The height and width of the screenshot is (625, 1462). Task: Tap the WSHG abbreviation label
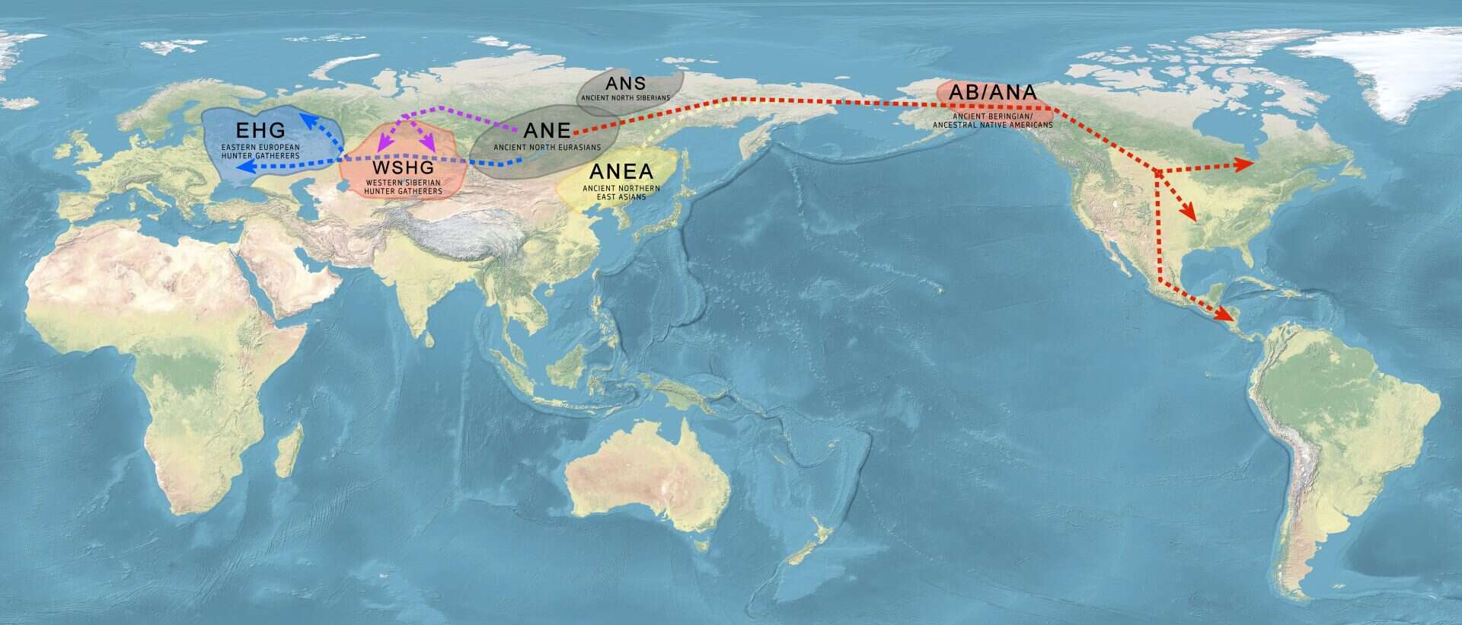pos(402,167)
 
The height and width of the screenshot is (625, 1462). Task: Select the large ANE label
pos(547,130)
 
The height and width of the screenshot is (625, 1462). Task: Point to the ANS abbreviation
pos(625,83)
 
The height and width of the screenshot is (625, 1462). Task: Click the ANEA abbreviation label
pos(621,172)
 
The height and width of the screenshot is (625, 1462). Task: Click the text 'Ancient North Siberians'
pos(625,98)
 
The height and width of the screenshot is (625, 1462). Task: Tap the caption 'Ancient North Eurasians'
pos(547,147)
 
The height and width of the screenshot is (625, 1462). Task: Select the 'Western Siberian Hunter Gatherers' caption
pos(402,187)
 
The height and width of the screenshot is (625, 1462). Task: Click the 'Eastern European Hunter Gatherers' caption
pos(260,151)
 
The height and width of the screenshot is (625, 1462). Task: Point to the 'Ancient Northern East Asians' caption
pos(621,192)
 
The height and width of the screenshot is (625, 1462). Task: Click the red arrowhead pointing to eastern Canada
pos(1247,164)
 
